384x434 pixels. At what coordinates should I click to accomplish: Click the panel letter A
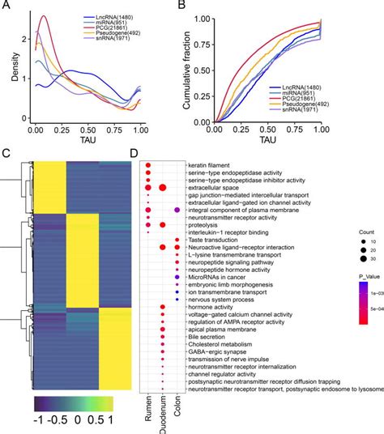(x=6, y=6)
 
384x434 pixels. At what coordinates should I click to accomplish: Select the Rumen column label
(x=146, y=403)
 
